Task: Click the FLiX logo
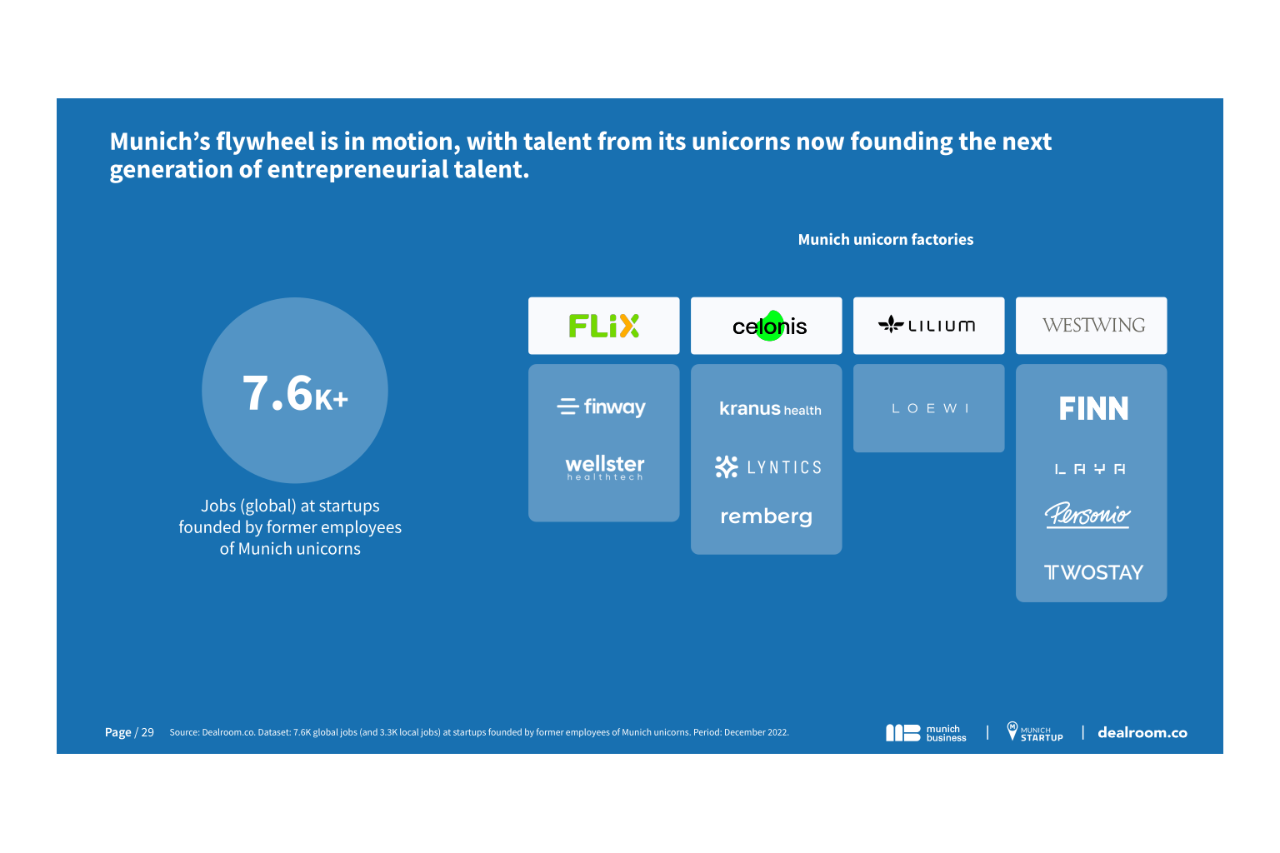tap(603, 326)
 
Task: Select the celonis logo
tap(769, 327)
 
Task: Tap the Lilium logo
tap(927, 325)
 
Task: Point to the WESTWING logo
tap(1092, 325)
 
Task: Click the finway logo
tap(602, 407)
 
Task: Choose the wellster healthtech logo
tap(605, 466)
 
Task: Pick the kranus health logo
tap(770, 409)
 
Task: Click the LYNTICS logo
tap(768, 467)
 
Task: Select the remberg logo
tap(766, 516)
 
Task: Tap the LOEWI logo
tap(930, 408)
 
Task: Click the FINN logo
tap(1093, 408)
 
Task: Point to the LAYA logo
tap(1090, 469)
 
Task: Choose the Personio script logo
tap(1087, 515)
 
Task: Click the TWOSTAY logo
tap(1093, 572)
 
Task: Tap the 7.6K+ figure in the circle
tap(295, 393)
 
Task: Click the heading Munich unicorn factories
tap(885, 240)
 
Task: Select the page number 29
tap(147, 732)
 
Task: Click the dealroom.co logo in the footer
tap(1142, 733)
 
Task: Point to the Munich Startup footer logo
tap(1035, 732)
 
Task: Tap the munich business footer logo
tap(926, 733)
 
